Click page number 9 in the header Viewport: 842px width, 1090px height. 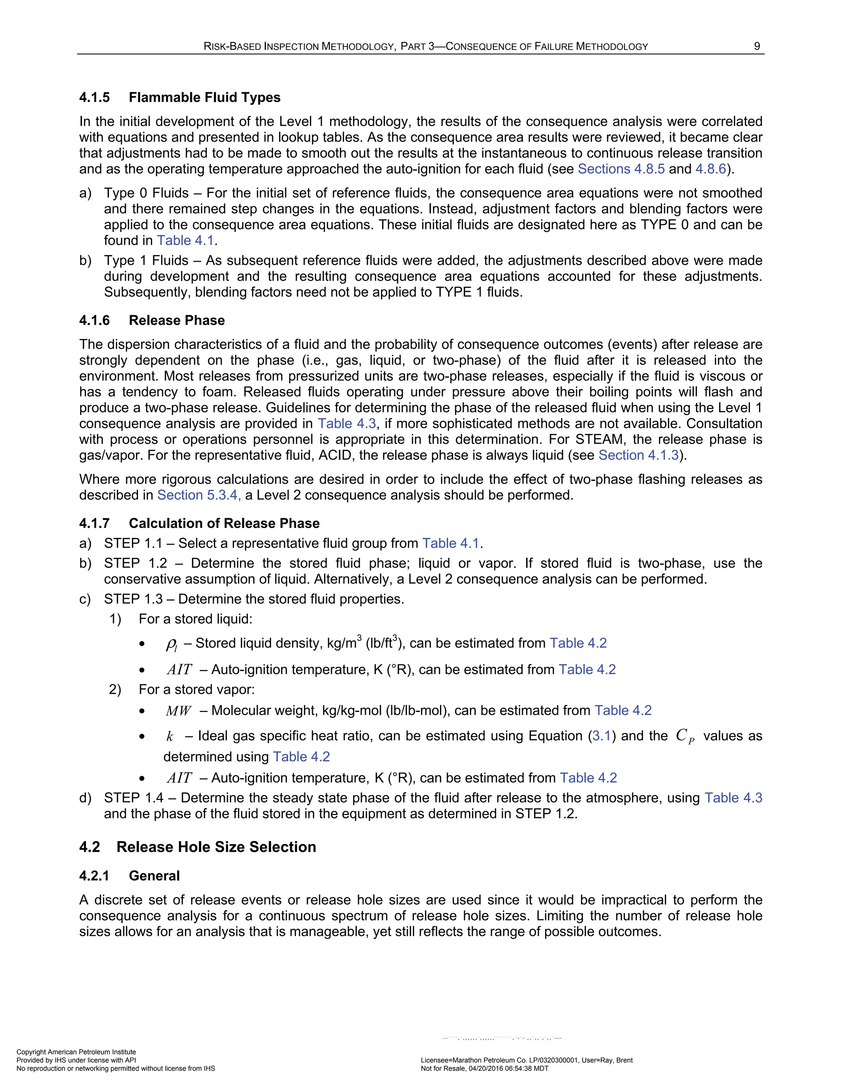(757, 46)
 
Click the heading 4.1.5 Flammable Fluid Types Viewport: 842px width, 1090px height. (180, 97)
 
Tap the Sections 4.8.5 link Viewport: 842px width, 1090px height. (621, 169)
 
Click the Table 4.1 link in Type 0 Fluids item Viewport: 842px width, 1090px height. (185, 241)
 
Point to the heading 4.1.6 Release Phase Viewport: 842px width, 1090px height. (152, 320)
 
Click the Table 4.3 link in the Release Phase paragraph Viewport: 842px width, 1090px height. (347, 424)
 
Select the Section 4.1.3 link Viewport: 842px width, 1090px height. (638, 455)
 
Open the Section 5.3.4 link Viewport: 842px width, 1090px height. (199, 495)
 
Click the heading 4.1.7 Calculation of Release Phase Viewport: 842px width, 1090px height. (199, 523)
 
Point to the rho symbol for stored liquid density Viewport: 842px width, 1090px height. (171, 644)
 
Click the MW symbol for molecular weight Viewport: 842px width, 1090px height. (178, 711)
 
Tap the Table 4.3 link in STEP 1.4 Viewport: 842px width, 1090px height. (733, 798)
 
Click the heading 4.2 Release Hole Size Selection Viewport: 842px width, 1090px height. (197, 847)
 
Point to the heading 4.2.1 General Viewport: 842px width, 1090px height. (129, 876)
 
